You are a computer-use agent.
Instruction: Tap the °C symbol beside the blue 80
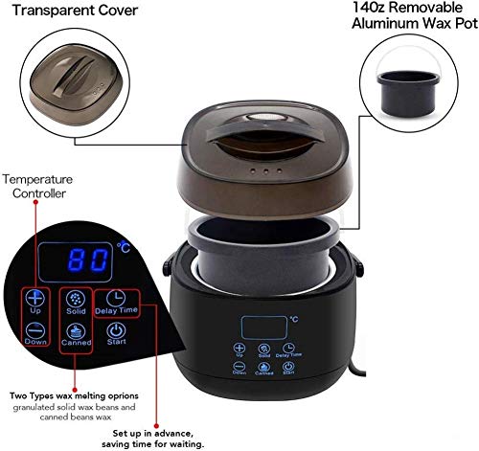click(123, 247)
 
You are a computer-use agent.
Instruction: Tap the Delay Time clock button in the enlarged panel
click(117, 303)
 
